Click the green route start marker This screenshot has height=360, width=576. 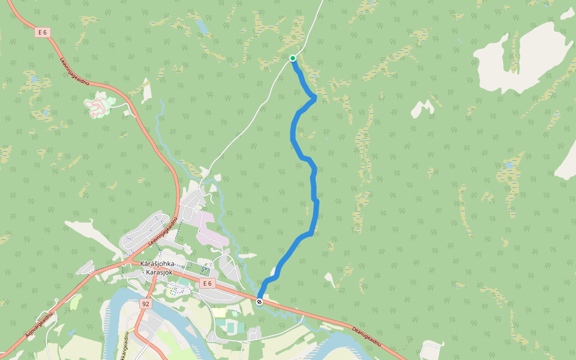tap(293, 58)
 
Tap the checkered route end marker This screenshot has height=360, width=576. tap(259, 301)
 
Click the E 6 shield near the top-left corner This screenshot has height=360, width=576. tap(41, 32)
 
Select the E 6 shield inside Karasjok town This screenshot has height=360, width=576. tap(207, 283)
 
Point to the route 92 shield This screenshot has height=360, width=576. tap(145, 304)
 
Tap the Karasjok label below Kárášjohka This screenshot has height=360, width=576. tap(158, 272)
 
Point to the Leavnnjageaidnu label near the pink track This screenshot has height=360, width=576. tap(74, 71)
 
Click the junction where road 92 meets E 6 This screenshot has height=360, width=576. tap(155, 268)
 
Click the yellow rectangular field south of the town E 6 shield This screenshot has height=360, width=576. tap(219, 313)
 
